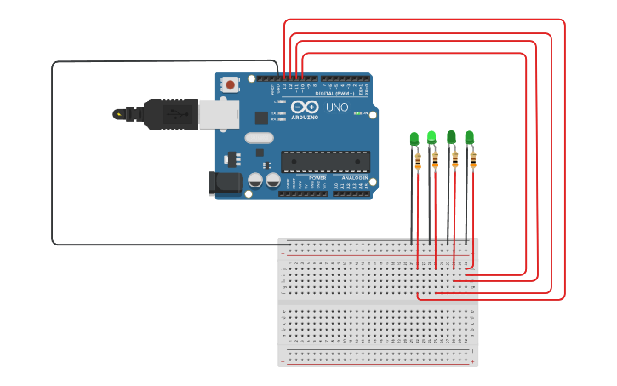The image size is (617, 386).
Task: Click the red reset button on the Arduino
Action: pos(230,84)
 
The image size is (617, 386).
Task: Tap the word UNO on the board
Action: pos(336,107)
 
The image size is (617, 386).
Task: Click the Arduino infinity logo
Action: pos(305,107)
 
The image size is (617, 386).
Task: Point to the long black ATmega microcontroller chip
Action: pos(325,161)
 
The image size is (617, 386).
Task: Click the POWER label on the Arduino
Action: pos(317,178)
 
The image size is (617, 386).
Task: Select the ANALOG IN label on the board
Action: pos(355,178)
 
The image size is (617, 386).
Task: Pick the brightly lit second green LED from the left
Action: pos(431,136)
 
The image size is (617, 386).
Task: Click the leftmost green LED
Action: pos(414,138)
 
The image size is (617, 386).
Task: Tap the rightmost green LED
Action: pos(469,136)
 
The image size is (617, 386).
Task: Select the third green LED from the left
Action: pos(451,136)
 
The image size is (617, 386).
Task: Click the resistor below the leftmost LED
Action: pos(418,159)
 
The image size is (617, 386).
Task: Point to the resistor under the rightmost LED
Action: pos(473,159)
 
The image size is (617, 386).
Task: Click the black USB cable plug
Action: pos(170,114)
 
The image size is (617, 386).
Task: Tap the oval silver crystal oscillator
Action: pos(259,138)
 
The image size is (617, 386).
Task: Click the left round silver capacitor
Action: pos(255,180)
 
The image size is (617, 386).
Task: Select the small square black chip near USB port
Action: pos(261,118)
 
